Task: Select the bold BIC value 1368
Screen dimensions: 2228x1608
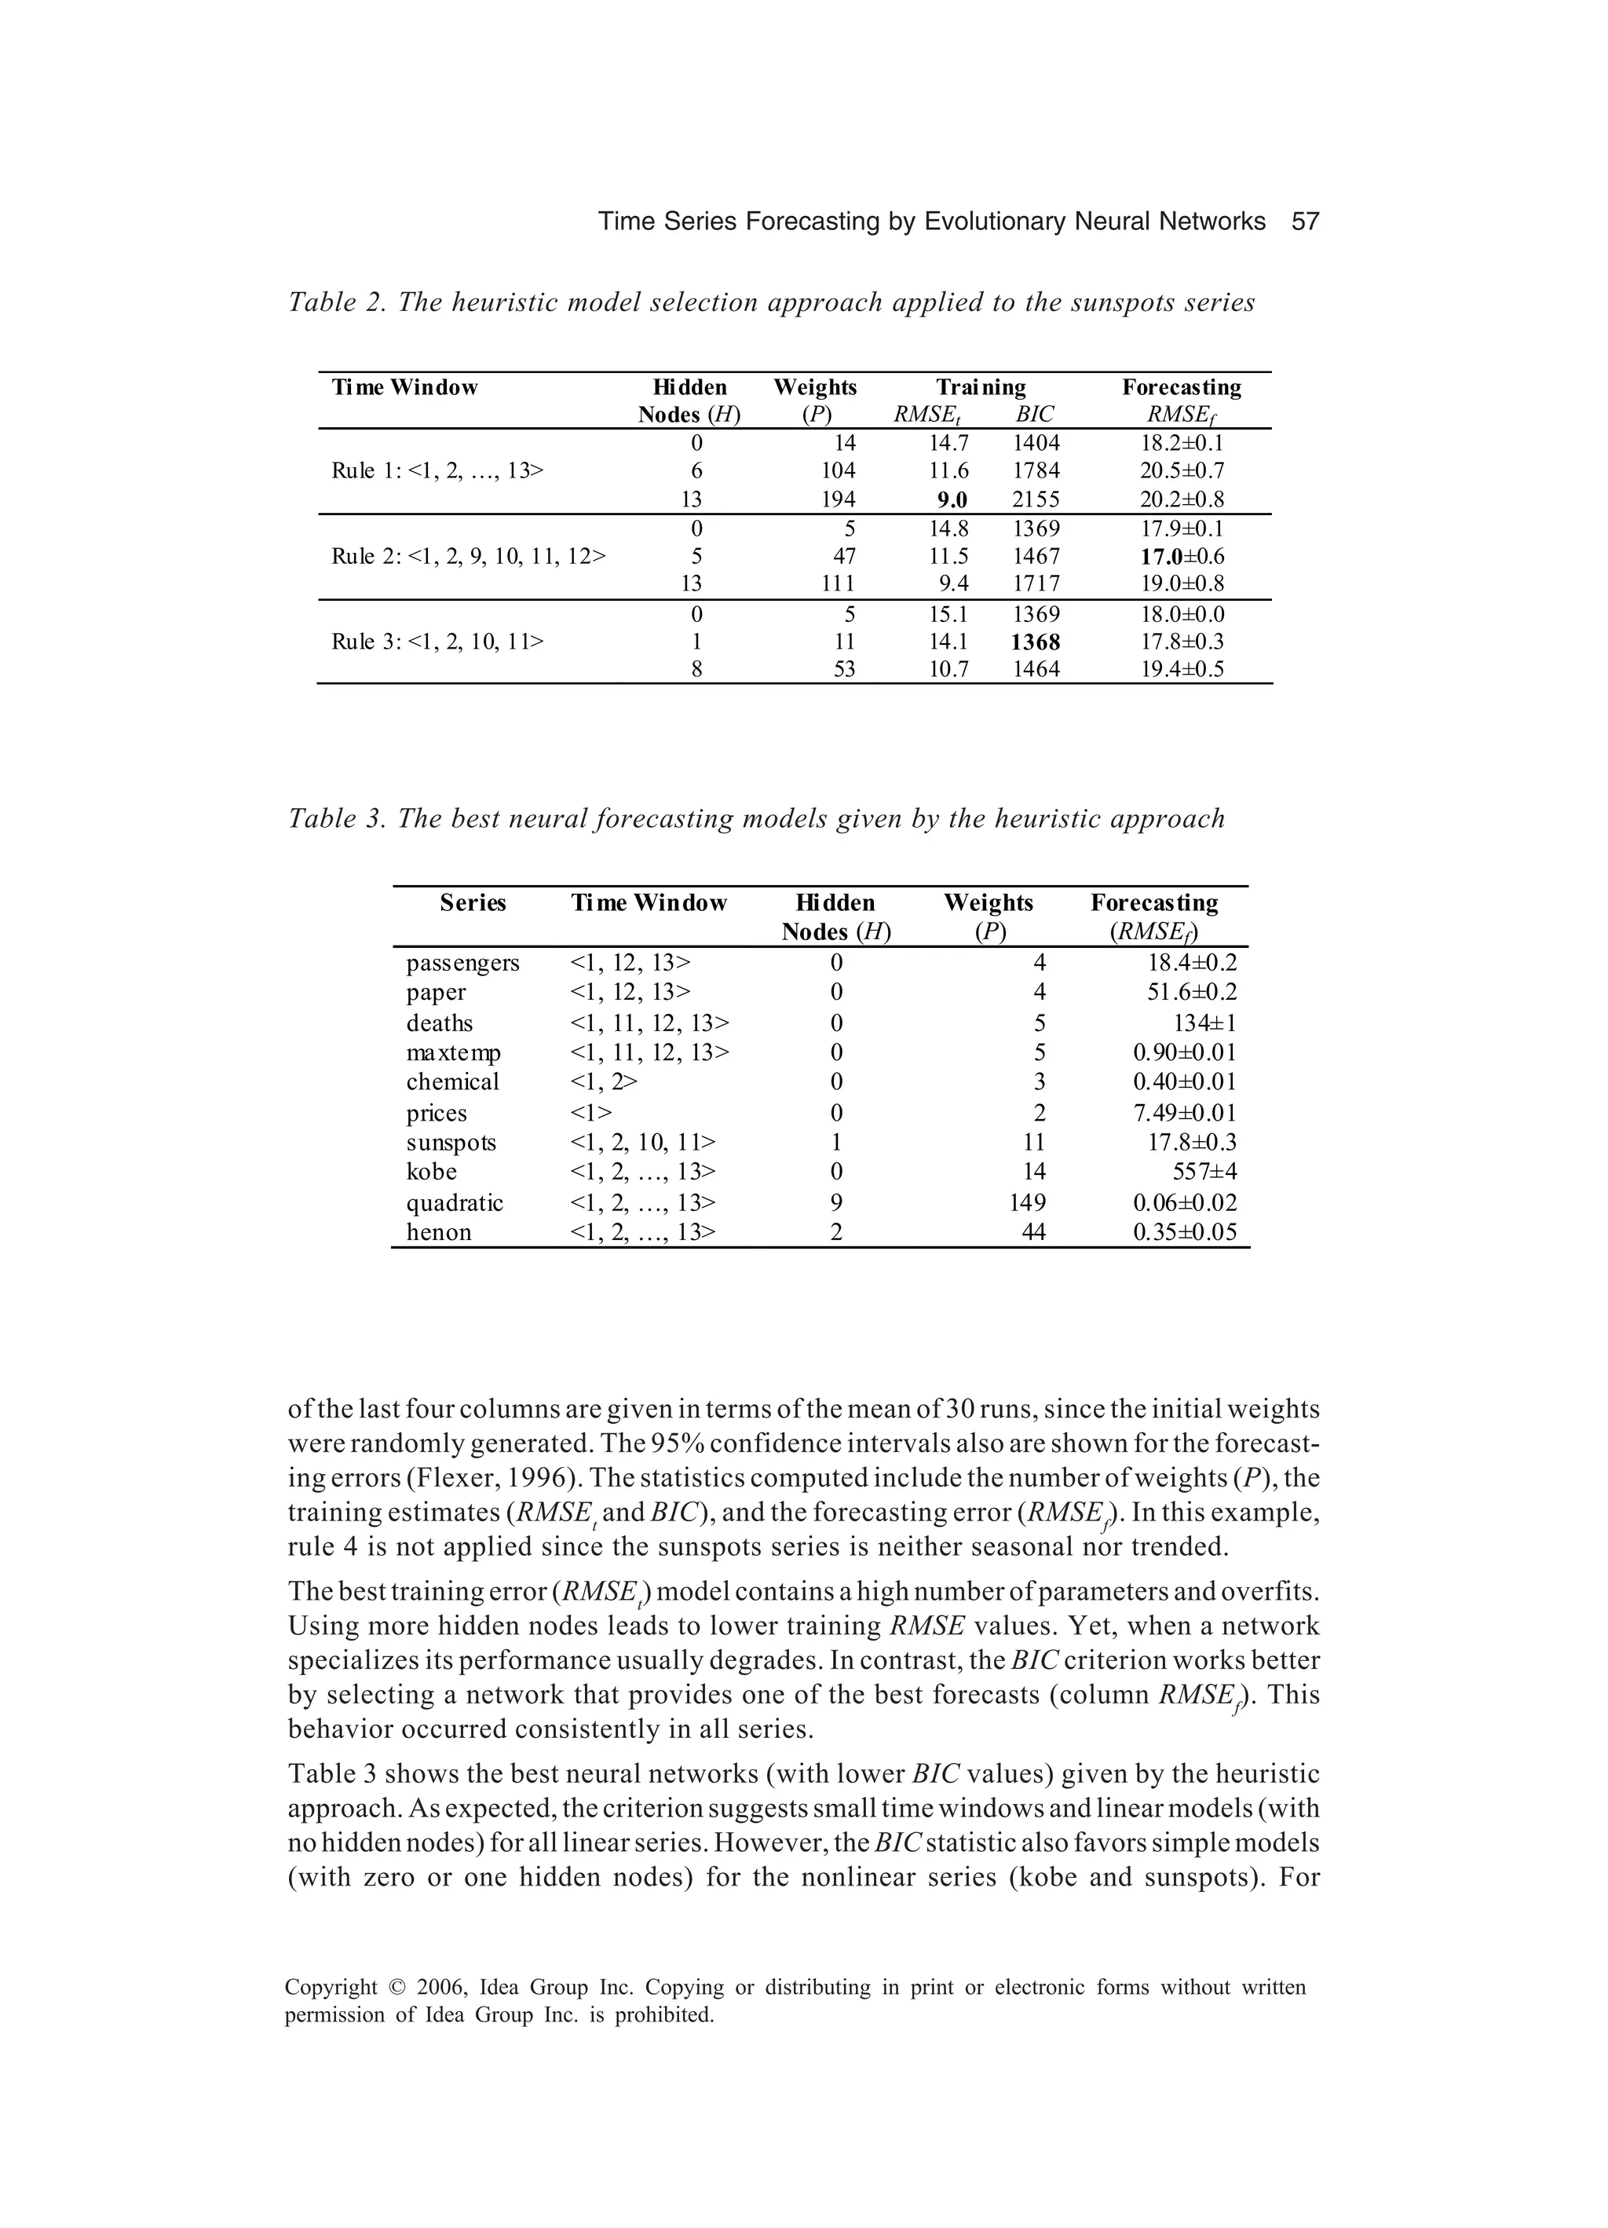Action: click(x=1036, y=642)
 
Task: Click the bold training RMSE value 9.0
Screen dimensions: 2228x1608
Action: click(x=951, y=499)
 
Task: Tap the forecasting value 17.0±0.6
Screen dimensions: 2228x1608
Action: click(x=1182, y=556)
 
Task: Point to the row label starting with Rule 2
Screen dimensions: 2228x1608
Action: click(x=469, y=556)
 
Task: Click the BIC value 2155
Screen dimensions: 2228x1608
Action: click(x=1036, y=499)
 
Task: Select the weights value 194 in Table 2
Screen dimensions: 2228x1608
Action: click(x=838, y=499)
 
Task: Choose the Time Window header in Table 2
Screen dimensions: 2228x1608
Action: click(x=404, y=387)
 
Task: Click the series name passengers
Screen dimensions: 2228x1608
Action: click(x=462, y=963)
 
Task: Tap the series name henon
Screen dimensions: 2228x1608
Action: click(x=438, y=1232)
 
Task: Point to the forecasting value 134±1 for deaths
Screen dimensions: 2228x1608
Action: click(x=1204, y=1023)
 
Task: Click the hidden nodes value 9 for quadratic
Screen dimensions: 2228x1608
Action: click(x=836, y=1202)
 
